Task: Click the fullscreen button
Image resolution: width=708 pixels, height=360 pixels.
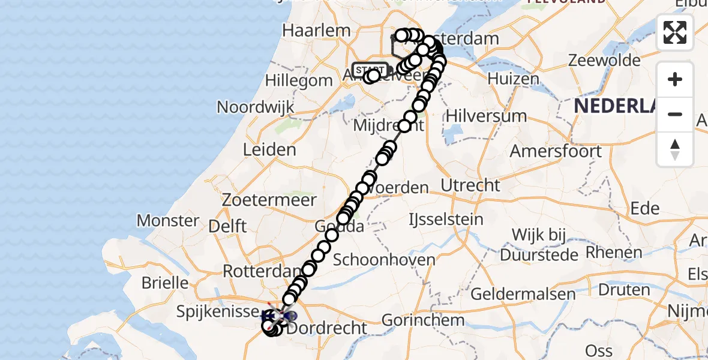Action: coord(675,32)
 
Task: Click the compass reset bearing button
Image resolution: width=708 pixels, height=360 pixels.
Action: coord(675,149)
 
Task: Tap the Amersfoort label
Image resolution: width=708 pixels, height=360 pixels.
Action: coord(556,151)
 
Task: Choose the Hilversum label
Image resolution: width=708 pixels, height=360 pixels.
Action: coord(486,116)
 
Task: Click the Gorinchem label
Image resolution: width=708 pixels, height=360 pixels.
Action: coord(423,319)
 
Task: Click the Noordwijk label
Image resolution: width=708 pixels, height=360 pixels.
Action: coord(256,107)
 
